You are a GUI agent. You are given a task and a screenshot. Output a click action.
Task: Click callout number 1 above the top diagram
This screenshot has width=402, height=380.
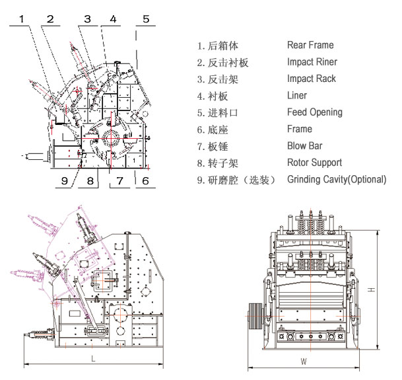(x=22, y=19)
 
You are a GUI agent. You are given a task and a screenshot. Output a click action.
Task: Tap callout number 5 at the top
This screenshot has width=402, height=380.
(x=146, y=19)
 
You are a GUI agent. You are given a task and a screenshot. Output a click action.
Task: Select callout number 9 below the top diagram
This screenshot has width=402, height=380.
(x=65, y=180)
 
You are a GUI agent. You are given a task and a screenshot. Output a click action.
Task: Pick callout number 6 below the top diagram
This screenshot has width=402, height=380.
(x=145, y=180)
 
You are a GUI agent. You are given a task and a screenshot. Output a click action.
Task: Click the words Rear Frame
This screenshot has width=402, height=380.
(x=310, y=45)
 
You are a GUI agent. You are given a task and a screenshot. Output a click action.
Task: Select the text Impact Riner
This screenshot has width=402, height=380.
(x=312, y=61)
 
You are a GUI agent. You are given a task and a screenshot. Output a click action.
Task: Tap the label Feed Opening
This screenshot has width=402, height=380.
(x=314, y=112)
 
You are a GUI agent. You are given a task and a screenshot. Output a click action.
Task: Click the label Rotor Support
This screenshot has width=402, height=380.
(x=314, y=163)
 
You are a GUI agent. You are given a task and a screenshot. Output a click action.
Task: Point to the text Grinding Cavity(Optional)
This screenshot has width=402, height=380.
(x=337, y=180)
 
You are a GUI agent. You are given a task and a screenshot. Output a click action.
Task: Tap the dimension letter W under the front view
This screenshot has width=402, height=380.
(x=303, y=361)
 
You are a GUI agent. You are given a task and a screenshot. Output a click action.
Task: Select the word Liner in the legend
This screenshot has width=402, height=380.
(x=297, y=96)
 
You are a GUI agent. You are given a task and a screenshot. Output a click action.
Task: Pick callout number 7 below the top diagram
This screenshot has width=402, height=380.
(x=119, y=180)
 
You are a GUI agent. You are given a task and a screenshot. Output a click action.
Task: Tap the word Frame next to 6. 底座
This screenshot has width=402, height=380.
(x=300, y=129)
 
